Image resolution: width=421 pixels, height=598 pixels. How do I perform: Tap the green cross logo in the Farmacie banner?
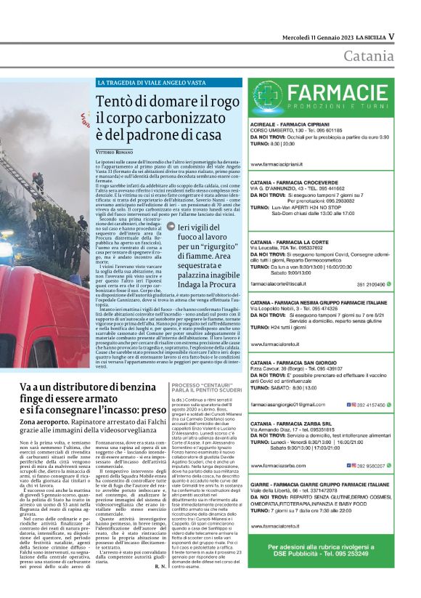(271, 97)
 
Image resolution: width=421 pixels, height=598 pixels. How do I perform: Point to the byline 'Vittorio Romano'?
(118, 150)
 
